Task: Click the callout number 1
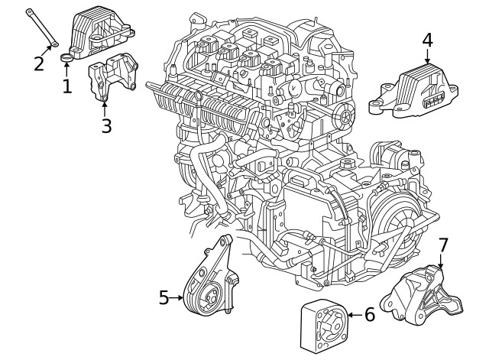point(67,86)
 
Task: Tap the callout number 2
point(39,62)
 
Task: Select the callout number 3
point(106,125)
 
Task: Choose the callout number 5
point(164,297)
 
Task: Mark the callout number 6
point(369,314)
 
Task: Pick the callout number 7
point(443,245)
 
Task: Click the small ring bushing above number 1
point(67,58)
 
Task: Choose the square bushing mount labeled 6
point(321,326)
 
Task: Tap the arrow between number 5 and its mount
point(177,297)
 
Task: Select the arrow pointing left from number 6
point(353,314)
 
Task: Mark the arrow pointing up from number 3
point(105,107)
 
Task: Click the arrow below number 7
point(441,261)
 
